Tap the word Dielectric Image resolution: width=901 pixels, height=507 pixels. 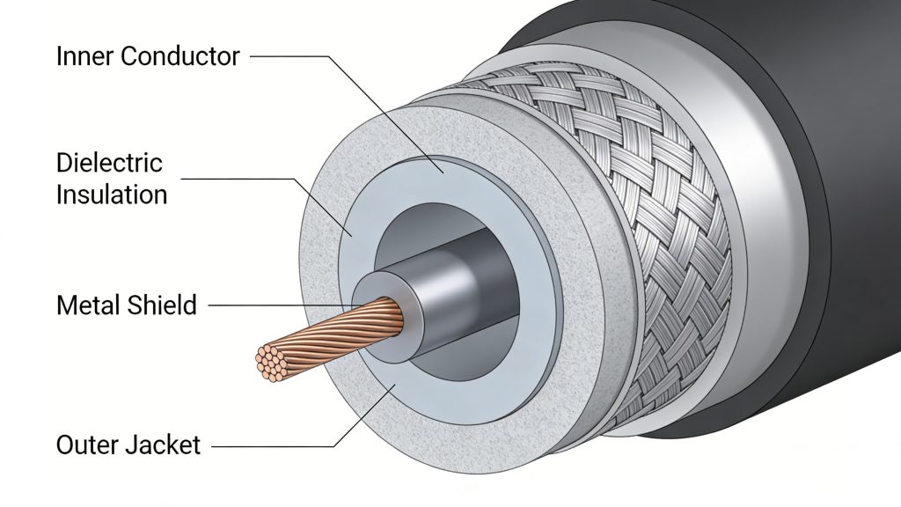click(109, 163)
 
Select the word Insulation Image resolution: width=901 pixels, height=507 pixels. click(112, 194)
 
